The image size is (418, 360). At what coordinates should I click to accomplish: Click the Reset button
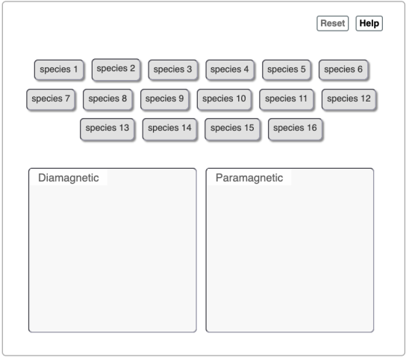pyautogui.click(x=332, y=23)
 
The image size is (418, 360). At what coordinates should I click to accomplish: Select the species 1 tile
pyautogui.click(x=59, y=69)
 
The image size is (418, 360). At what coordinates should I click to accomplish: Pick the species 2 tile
pyautogui.click(x=116, y=69)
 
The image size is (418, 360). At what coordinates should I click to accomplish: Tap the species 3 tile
pyautogui.click(x=172, y=69)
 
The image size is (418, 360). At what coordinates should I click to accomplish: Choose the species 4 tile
pyautogui.click(x=230, y=69)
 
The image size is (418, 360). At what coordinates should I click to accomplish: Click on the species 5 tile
pyautogui.click(x=287, y=69)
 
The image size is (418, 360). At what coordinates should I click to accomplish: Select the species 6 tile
pyautogui.click(x=343, y=69)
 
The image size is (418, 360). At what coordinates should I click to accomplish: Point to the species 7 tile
pyautogui.click(x=51, y=99)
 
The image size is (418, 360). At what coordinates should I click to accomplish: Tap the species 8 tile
pyautogui.click(x=107, y=99)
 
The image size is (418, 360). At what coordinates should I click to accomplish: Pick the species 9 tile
pyautogui.click(x=165, y=99)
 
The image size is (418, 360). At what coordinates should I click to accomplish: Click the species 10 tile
pyautogui.click(x=224, y=99)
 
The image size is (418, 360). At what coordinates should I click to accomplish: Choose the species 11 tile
pyautogui.click(x=287, y=99)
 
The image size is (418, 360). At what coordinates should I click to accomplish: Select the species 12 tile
pyautogui.click(x=349, y=99)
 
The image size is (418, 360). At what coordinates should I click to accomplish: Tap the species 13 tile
pyautogui.click(x=107, y=128)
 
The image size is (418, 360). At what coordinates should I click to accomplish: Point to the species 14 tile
pyautogui.click(x=170, y=128)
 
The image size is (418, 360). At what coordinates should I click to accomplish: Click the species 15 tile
pyautogui.click(x=232, y=128)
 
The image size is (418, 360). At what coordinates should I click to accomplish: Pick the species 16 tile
pyautogui.click(x=295, y=128)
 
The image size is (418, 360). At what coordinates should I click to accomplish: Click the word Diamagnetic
pyautogui.click(x=69, y=178)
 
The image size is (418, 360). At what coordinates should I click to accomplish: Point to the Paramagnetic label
pyautogui.click(x=249, y=178)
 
